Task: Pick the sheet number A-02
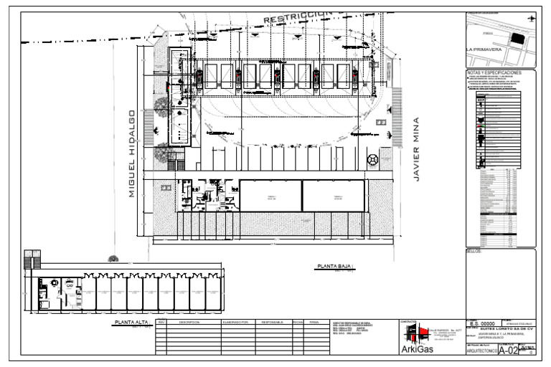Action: pyautogui.click(x=509, y=351)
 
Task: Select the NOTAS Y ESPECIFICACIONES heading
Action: pyautogui.click(x=500, y=73)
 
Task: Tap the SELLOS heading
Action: pyautogui.click(x=474, y=252)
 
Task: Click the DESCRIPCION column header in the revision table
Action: pyautogui.click(x=193, y=323)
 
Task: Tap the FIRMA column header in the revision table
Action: pyautogui.click(x=314, y=323)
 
